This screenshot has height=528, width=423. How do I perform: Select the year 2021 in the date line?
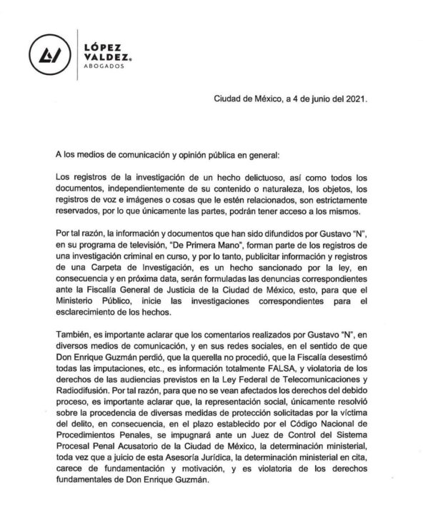(x=356, y=101)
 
